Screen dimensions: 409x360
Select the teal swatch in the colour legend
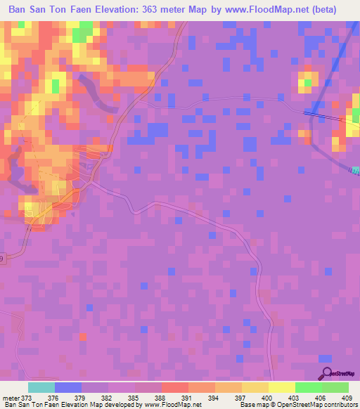pos(41,387)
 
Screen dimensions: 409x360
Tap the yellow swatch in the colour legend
pos(281,387)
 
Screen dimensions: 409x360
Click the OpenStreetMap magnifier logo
pos(326,373)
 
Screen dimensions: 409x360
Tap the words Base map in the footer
pos(251,405)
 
